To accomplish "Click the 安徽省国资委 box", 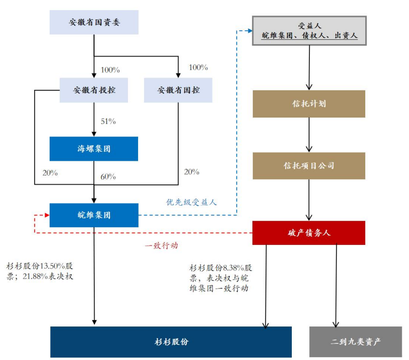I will pyautogui.click(x=93, y=22).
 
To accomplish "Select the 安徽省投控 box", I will pyautogui.click(x=94, y=90).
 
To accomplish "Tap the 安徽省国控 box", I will pyautogui.click(x=178, y=90).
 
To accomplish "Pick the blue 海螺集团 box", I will pyautogui.click(x=93, y=149).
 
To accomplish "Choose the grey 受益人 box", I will pyautogui.click(x=309, y=31).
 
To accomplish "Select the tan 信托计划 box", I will pyautogui.click(x=309, y=103).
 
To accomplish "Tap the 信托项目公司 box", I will pyautogui.click(x=309, y=166).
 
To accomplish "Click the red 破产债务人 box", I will pyautogui.click(x=309, y=233).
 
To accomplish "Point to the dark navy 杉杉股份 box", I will pyautogui.click(x=171, y=342).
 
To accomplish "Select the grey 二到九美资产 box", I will pyautogui.click(x=356, y=342).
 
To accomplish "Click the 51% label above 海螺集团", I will pyautogui.click(x=108, y=121).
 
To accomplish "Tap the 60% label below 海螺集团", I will pyautogui.click(x=108, y=177).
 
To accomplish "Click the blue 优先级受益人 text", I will pyautogui.click(x=192, y=203).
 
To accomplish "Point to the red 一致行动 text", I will pyautogui.click(x=161, y=246).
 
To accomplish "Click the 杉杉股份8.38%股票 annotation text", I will pyautogui.click(x=221, y=278).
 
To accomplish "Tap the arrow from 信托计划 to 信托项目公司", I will pyautogui.click(x=309, y=135).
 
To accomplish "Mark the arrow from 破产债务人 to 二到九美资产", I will pyautogui.click(x=336, y=286).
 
